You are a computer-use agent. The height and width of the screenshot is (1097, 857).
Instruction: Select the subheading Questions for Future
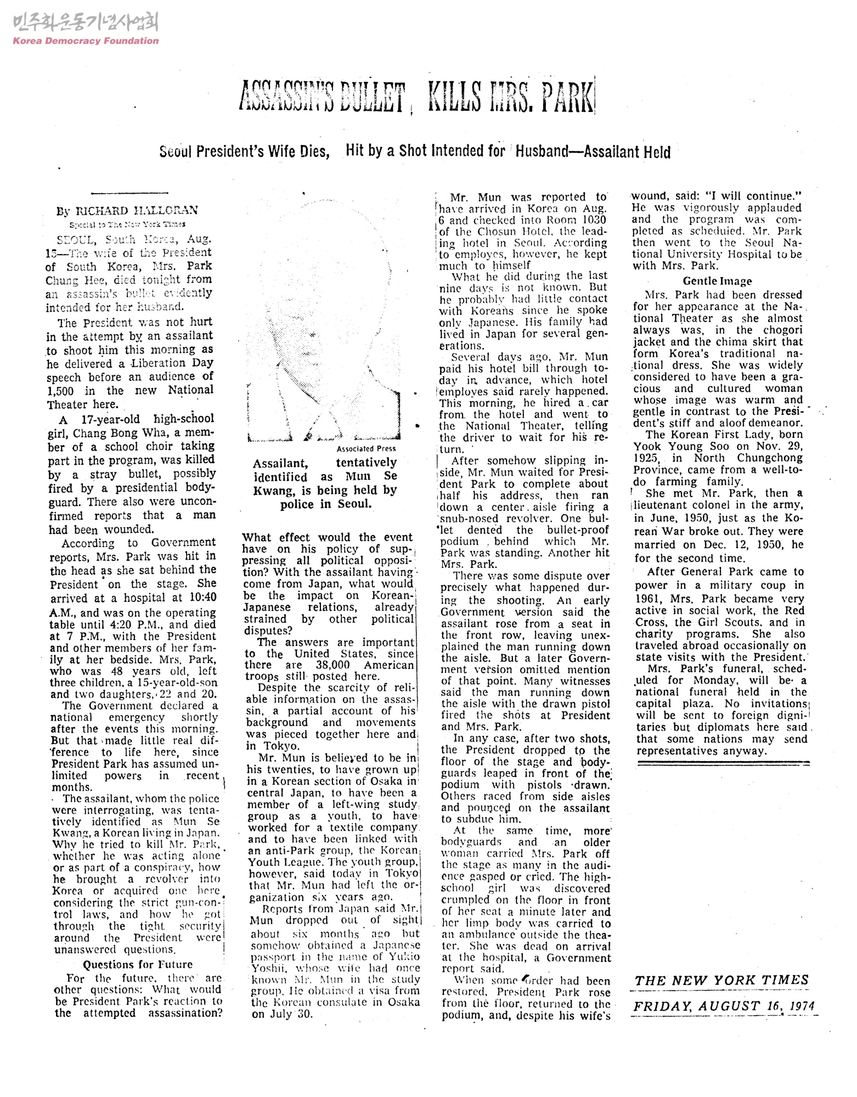click(138, 964)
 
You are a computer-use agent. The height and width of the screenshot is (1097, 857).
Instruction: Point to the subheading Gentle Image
click(717, 281)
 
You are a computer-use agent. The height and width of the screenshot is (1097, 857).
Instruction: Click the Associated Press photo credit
click(366, 448)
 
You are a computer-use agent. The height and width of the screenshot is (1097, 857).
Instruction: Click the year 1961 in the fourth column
click(647, 599)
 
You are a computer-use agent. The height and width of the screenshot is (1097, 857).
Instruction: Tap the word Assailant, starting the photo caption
click(280, 463)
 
